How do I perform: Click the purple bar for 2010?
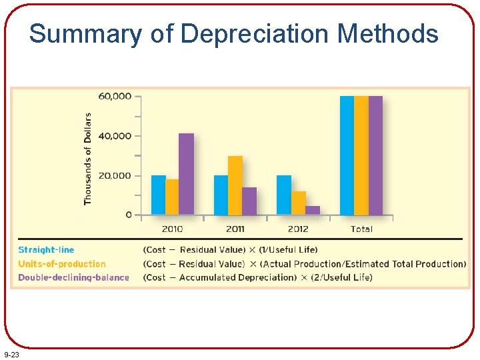[186, 174]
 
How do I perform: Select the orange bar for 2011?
[235, 185]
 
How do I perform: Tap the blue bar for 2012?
[284, 195]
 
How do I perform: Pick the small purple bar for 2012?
[312, 210]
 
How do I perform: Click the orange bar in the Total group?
[361, 155]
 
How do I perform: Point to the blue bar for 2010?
[158, 195]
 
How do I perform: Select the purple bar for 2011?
[249, 201]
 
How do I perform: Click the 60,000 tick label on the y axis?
[115, 96]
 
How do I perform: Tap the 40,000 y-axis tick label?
[115, 136]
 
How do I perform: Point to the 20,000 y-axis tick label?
[115, 176]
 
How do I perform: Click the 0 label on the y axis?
[128, 215]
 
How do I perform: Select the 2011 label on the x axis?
[235, 229]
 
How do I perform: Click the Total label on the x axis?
[361, 229]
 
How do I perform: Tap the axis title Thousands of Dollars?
[88, 159]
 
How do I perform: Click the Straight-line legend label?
[46, 250]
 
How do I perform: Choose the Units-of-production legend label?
[61, 264]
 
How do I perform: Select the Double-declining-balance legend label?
[73, 277]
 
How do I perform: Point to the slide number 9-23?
[11, 355]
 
